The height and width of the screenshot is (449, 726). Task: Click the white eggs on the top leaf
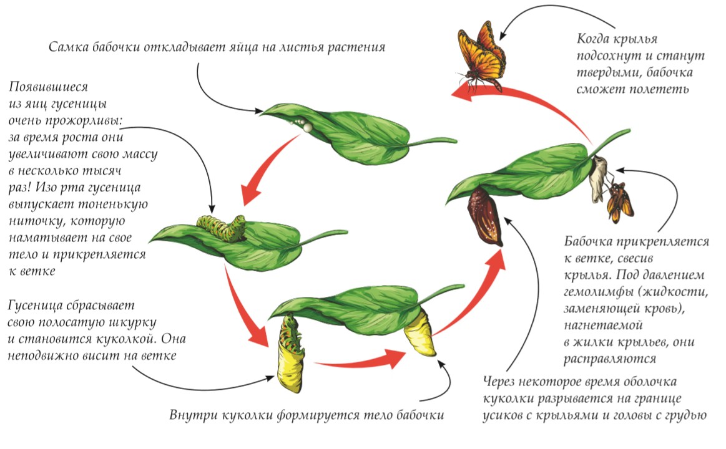click(x=301, y=124)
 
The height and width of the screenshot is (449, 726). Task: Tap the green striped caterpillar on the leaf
click(x=221, y=227)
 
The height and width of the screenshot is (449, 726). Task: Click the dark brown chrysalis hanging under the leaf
click(x=485, y=217)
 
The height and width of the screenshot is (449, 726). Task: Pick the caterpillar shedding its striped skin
click(x=290, y=352)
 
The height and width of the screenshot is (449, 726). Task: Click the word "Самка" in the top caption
click(x=68, y=47)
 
